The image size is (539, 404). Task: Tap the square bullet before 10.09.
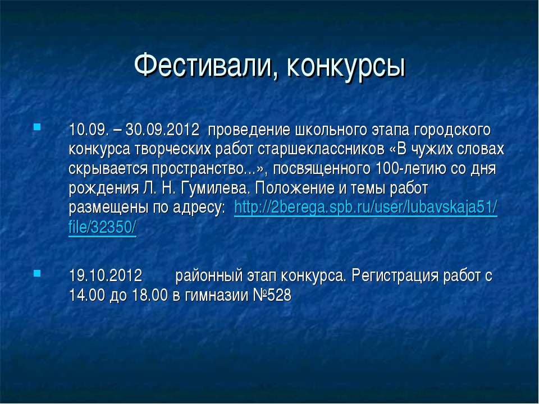(36, 126)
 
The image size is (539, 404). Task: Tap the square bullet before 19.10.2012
(36, 274)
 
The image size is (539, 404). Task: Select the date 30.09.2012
(163, 130)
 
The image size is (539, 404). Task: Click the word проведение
(247, 130)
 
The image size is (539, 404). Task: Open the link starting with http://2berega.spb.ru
(366, 207)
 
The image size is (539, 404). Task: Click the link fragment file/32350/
(103, 227)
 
